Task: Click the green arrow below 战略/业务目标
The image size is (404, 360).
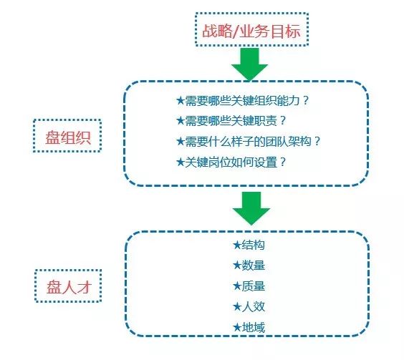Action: [250, 64]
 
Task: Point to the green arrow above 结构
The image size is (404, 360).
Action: [251, 208]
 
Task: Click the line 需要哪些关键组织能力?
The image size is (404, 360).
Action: [242, 100]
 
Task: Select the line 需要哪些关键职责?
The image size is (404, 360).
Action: [231, 120]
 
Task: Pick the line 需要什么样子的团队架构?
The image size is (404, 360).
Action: [248, 142]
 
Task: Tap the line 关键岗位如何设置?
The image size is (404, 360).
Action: [231, 162]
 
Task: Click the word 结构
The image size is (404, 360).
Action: [254, 245]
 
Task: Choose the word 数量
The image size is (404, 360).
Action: [254, 266]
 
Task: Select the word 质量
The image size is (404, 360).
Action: [254, 286]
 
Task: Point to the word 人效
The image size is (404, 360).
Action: [254, 307]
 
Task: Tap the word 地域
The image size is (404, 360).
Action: [254, 328]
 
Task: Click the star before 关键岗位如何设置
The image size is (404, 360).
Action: [181, 162]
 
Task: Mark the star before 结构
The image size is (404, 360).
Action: [237, 245]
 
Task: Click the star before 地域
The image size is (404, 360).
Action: [237, 327]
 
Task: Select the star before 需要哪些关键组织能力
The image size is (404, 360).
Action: [181, 100]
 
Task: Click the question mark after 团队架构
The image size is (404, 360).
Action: [317, 141]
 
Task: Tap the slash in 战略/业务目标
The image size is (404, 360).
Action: [235, 31]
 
